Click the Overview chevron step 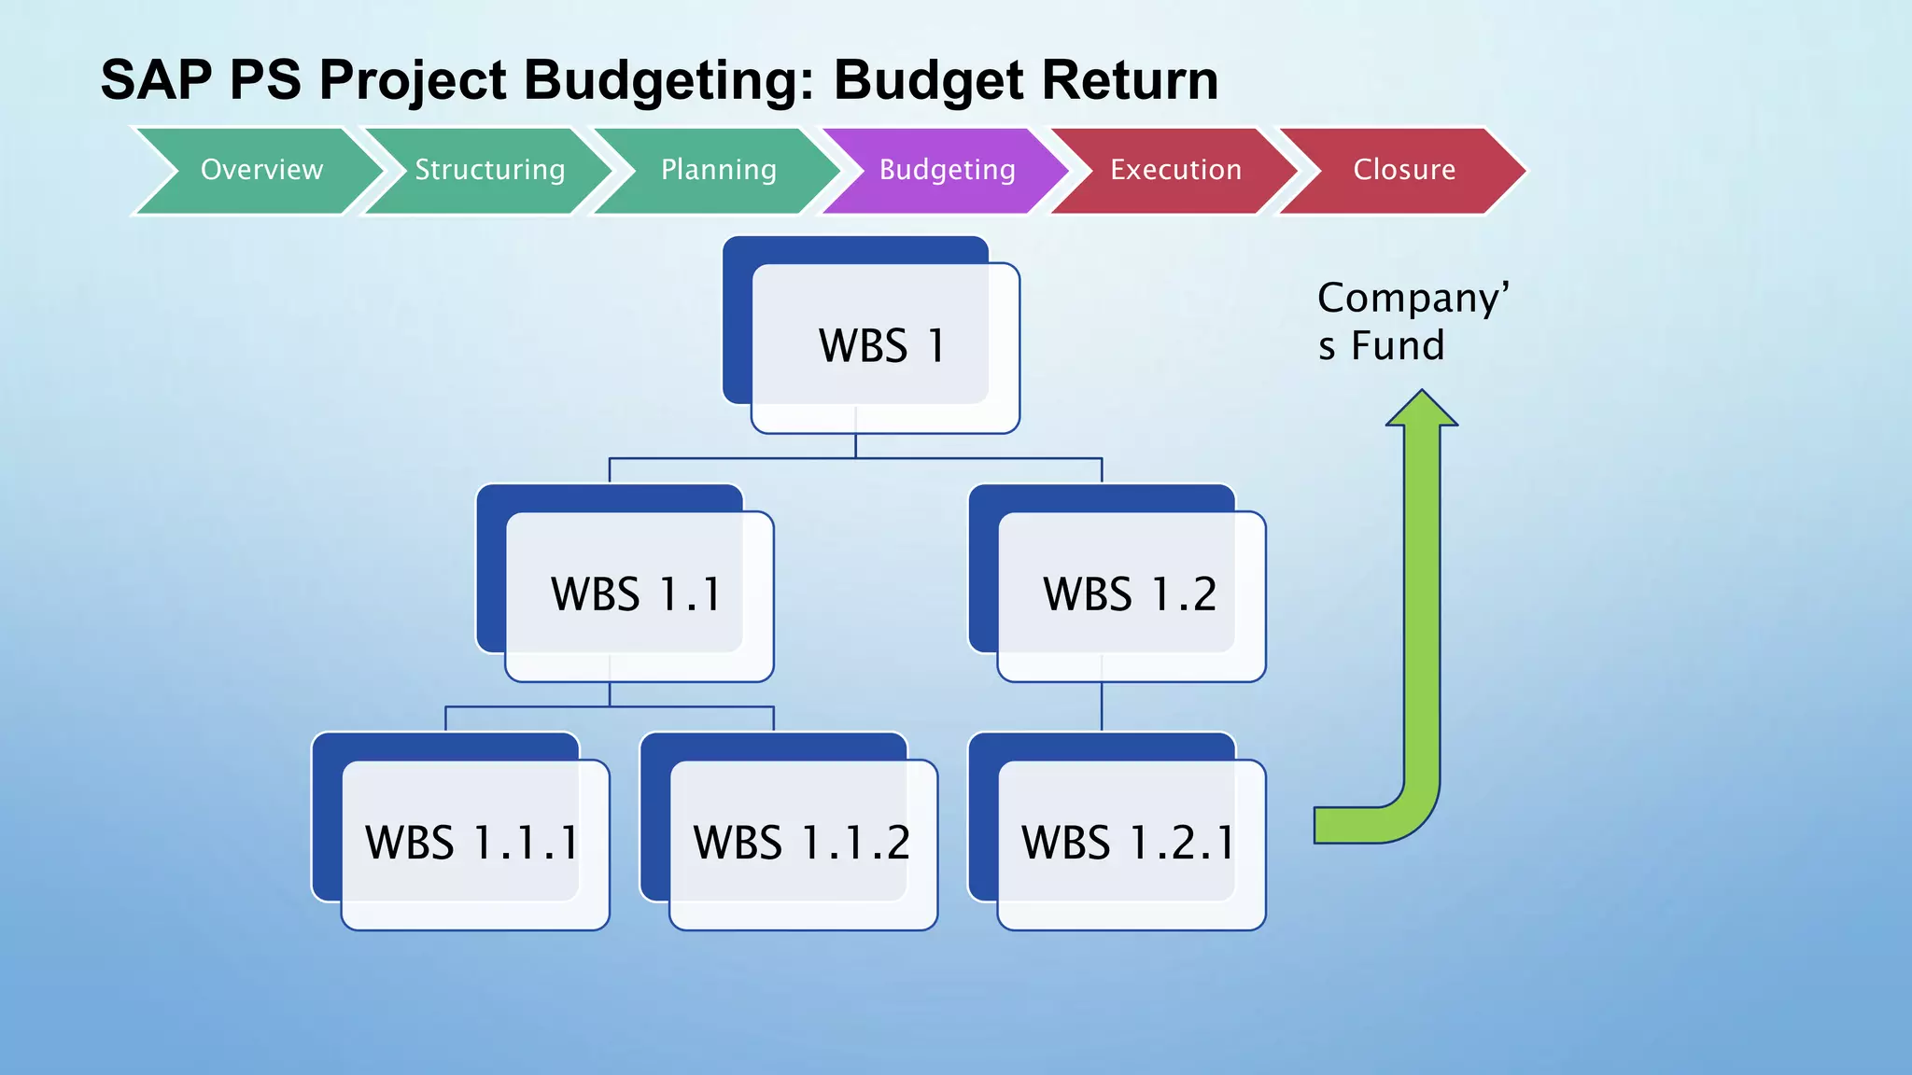tap(261, 170)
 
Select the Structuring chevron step tap(489, 170)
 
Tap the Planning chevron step tap(718, 170)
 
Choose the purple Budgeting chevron tap(947, 170)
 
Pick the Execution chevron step tap(1175, 170)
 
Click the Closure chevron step tap(1404, 170)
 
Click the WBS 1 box tap(882, 345)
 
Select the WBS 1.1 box tap(637, 593)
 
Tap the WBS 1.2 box tap(1130, 593)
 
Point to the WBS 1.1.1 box tap(472, 842)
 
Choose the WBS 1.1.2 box tap(801, 842)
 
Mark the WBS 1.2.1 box tap(1129, 842)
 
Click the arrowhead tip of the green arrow tap(1421, 397)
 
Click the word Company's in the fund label tap(1413, 299)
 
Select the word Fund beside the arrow tap(1398, 346)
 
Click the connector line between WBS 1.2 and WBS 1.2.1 tap(1102, 707)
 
